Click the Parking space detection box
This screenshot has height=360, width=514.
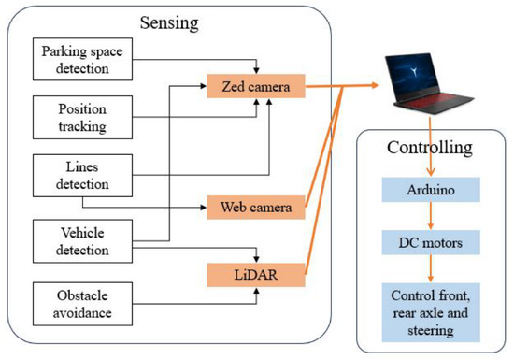point(82,59)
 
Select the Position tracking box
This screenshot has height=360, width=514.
point(82,118)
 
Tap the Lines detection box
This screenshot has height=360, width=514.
point(82,176)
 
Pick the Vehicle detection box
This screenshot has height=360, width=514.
point(82,241)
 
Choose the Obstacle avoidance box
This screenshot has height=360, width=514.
point(82,304)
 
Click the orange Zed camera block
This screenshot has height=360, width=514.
point(256,86)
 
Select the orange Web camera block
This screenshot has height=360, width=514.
point(256,208)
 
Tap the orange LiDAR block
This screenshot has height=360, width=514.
point(256,275)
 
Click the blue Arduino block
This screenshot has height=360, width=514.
point(431,190)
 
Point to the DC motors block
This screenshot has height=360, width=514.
point(431,242)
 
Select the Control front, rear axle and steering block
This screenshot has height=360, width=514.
point(431,312)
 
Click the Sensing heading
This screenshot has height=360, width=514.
point(169,23)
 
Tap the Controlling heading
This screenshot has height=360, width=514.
point(430,148)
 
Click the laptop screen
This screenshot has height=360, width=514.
point(415,76)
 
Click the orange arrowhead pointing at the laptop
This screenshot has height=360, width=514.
point(375,85)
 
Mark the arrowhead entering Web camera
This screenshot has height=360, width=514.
point(203,208)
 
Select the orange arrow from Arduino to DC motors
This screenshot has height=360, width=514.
point(431,216)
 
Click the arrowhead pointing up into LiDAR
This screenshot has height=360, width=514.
point(257,291)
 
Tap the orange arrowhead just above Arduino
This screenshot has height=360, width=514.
point(431,172)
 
